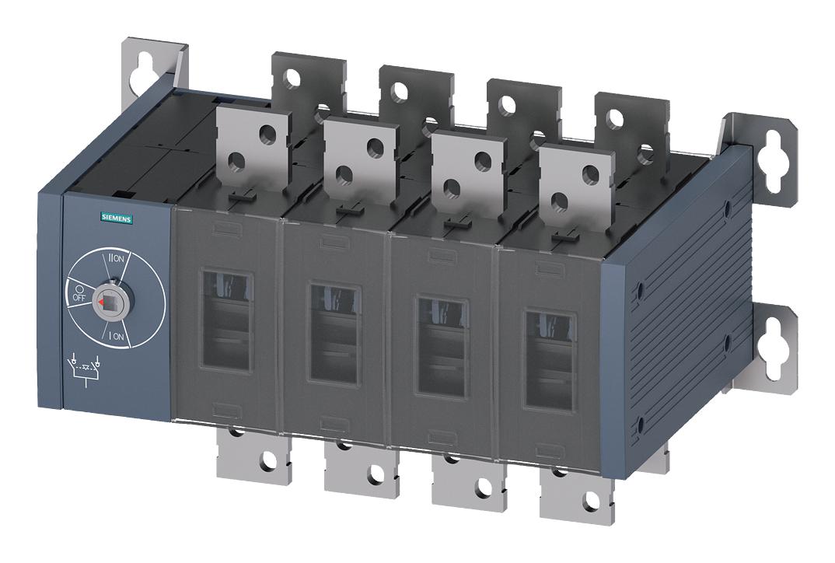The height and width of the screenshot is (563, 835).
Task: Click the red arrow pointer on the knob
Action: [x=99, y=299]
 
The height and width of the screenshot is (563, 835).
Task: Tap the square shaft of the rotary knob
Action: [x=109, y=299]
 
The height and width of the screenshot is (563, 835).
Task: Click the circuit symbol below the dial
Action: [x=87, y=368]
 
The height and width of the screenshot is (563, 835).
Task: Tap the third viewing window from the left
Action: [x=442, y=347]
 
